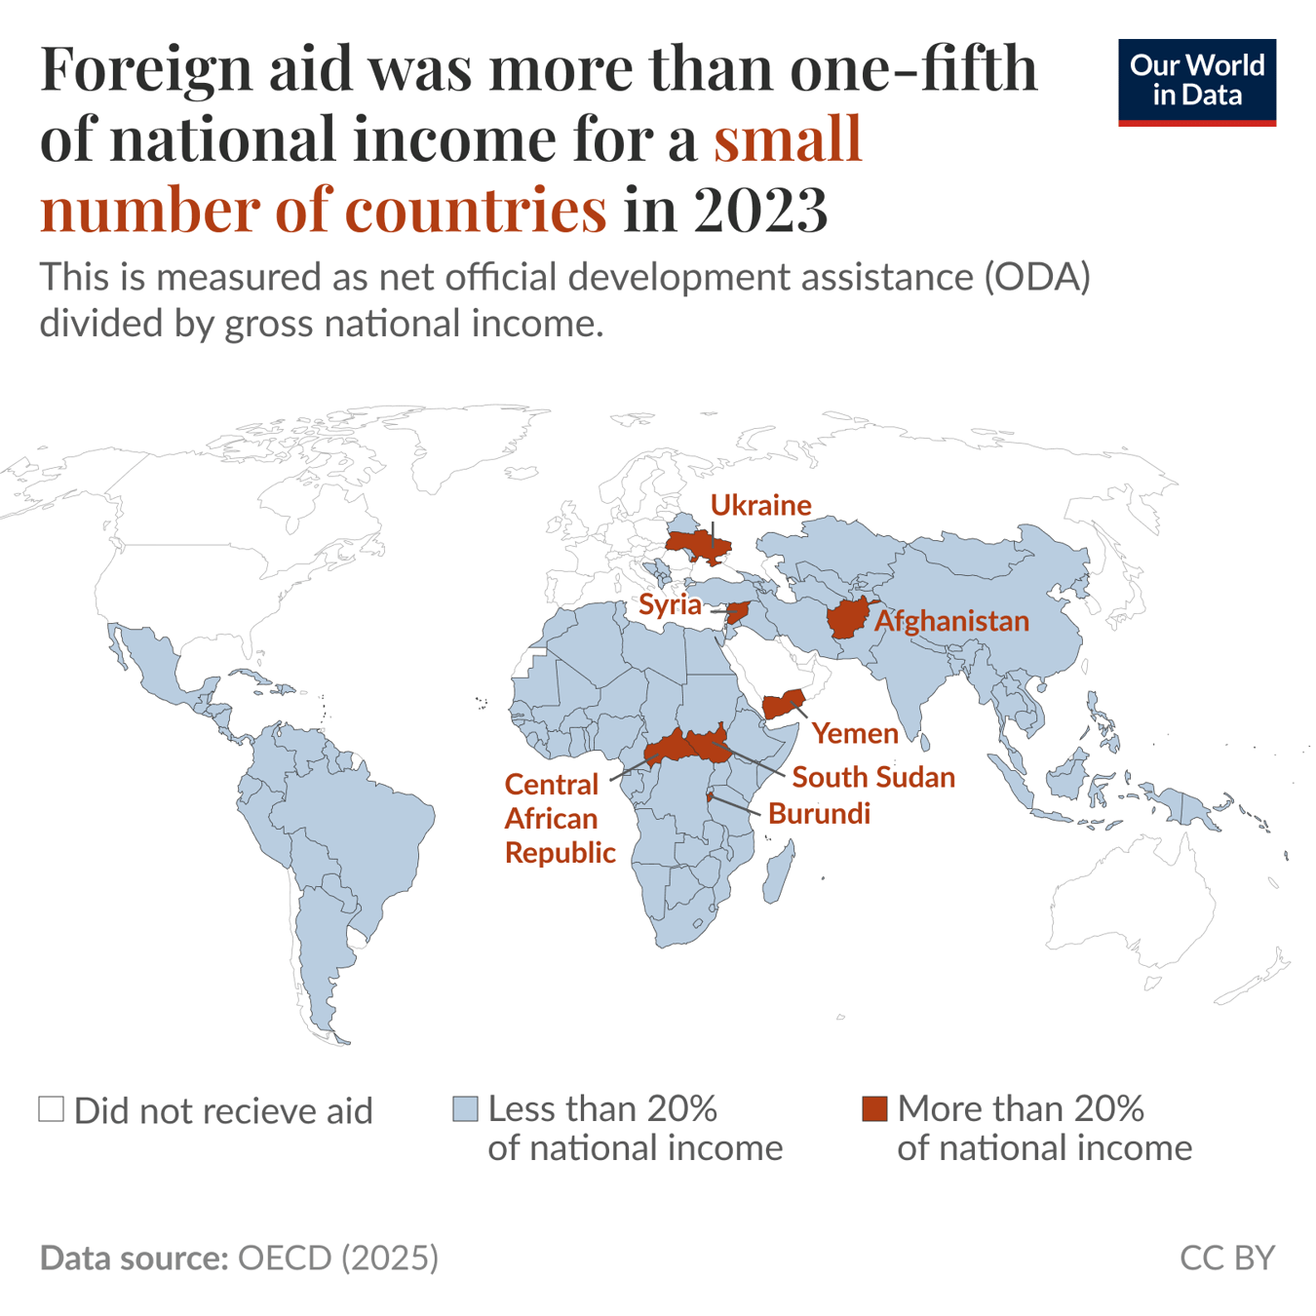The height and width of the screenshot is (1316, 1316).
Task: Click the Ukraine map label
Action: pos(760,505)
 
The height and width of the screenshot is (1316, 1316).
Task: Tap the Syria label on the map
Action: pos(670,604)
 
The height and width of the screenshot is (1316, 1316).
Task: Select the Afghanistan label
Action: pos(951,621)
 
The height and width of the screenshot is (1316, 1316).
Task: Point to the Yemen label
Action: pos(855,733)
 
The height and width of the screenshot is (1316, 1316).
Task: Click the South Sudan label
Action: pos(872,777)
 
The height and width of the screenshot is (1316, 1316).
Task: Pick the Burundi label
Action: pos(819,813)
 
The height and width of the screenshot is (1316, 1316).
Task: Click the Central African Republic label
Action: pos(559,818)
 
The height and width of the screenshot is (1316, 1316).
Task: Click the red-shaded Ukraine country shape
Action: pos(697,546)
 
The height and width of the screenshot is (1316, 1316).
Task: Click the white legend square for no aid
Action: pos(52,1109)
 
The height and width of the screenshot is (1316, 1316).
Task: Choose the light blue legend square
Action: pos(465,1109)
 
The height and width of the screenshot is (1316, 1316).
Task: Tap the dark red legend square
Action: pos(874,1109)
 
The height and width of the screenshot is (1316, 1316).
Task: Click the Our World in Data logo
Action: pos(1196,82)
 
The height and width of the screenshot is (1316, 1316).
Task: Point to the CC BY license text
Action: pos(1226,1258)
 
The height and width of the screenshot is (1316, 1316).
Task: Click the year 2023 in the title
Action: pos(760,208)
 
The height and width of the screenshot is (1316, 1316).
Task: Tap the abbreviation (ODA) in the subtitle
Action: pos(1036,277)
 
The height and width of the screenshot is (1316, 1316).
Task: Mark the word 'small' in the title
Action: pos(788,137)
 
